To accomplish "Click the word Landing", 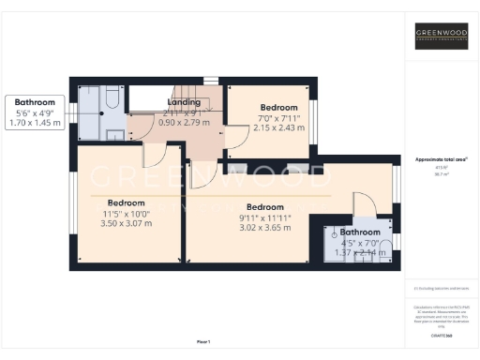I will pos(183,102).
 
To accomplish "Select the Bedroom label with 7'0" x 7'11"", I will pos(278,108).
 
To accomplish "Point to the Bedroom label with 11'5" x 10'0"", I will pos(125,202).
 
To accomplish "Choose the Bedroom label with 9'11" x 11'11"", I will pos(265,207).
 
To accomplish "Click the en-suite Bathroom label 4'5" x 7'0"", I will pos(360,232).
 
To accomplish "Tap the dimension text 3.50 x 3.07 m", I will pos(125,223).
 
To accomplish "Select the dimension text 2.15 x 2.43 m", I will pos(278,127).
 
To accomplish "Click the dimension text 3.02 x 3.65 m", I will pos(265,227).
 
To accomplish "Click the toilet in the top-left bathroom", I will pos(110,97).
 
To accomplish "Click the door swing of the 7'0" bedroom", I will pos(236,139).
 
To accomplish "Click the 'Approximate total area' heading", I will pos(441,158).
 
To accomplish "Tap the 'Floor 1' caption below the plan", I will pos(203,341).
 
